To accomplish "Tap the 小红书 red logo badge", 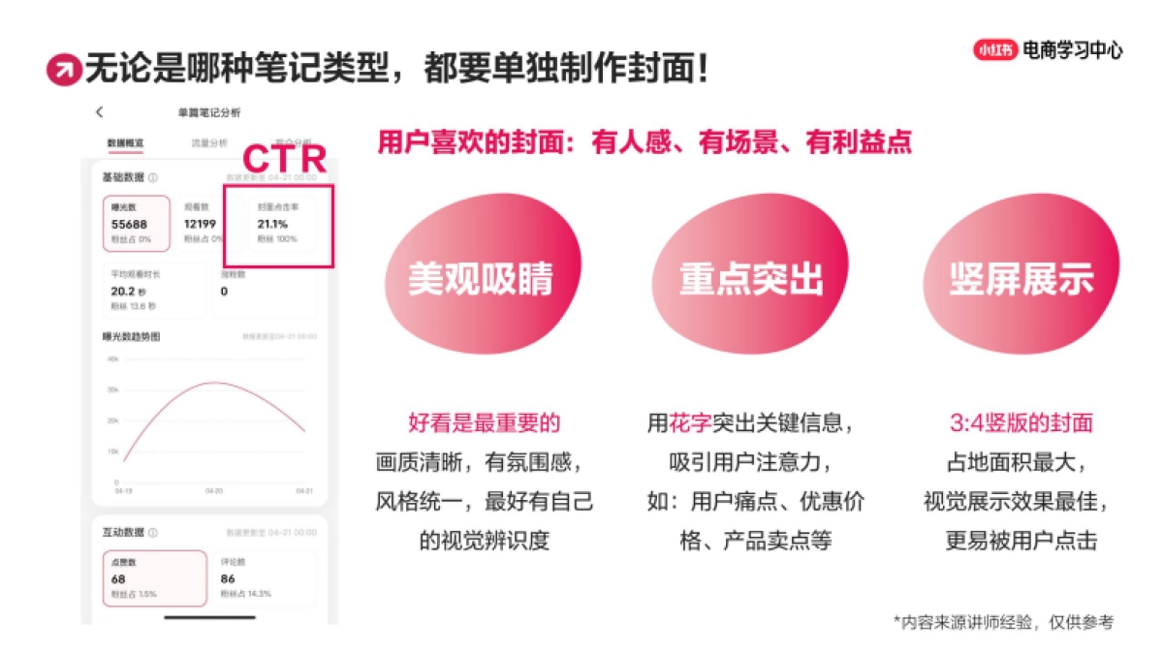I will click(x=995, y=50).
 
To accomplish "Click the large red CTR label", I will click(x=283, y=159).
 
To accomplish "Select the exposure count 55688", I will click(x=129, y=224).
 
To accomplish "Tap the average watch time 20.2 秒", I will click(x=129, y=291).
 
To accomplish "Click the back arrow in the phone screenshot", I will click(x=100, y=112).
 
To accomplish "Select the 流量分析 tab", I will click(x=210, y=143).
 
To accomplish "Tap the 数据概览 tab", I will click(x=125, y=143).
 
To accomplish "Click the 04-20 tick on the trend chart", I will click(x=214, y=491).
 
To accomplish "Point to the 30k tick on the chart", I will click(x=112, y=389).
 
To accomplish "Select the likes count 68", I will click(x=118, y=579).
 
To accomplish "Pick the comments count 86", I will click(x=228, y=579).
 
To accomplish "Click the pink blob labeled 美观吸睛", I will click(x=480, y=278).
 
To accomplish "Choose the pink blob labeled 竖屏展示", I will click(x=1021, y=278).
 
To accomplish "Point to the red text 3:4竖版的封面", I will click(x=1021, y=423).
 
